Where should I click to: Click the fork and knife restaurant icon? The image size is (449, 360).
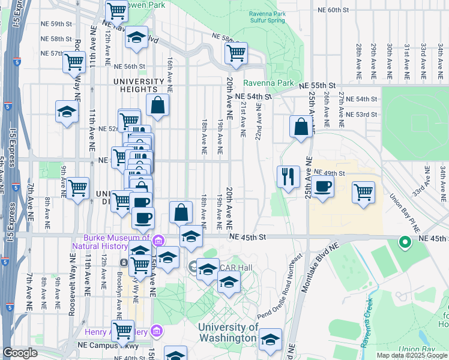(288, 176)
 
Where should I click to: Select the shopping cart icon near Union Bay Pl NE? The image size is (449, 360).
(363, 192)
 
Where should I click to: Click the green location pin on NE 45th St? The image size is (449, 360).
(405, 242)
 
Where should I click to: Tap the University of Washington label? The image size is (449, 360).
(228, 332)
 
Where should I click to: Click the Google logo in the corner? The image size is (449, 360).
(20, 353)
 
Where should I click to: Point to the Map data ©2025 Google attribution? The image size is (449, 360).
(411, 355)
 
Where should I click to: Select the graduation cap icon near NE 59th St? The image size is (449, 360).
(136, 37)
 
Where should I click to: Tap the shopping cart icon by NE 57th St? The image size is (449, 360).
(74, 61)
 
